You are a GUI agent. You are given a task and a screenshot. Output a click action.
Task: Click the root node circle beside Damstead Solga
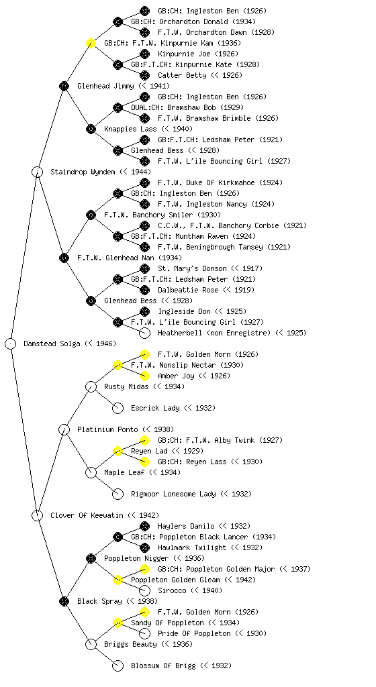(x=11, y=343)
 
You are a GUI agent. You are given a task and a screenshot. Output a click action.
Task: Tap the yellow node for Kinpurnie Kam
(x=91, y=43)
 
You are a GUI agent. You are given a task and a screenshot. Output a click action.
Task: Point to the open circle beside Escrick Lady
(x=117, y=408)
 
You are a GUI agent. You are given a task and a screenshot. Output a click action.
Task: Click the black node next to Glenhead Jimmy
(x=64, y=86)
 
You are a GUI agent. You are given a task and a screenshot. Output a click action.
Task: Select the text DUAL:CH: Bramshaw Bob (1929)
(x=187, y=107)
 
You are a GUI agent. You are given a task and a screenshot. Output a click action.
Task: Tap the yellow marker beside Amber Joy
(x=144, y=376)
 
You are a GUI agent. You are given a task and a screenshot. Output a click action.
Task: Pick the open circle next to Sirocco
(x=144, y=590)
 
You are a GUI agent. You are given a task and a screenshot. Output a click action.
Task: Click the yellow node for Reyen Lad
(x=117, y=451)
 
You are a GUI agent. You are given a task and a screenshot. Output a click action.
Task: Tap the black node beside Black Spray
(x=64, y=601)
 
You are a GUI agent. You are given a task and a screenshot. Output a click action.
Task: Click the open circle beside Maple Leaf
(x=91, y=472)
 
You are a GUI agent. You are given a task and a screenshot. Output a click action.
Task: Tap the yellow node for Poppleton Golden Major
(x=144, y=569)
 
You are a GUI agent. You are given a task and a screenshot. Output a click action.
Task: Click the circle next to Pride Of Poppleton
(x=144, y=633)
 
